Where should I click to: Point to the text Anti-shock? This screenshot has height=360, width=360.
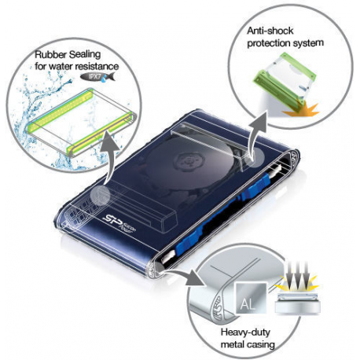tap(269, 29)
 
